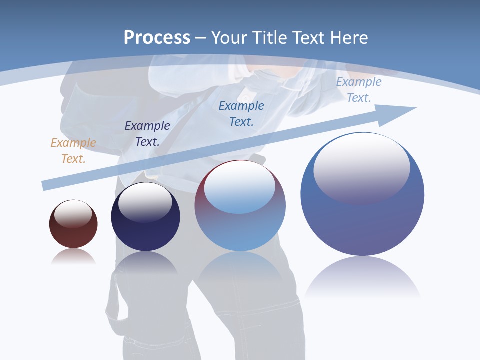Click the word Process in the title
157,38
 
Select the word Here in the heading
349,38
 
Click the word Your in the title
230,38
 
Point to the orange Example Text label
73,151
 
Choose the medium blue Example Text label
241,113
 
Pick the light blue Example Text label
359,90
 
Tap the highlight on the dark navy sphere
145,202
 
